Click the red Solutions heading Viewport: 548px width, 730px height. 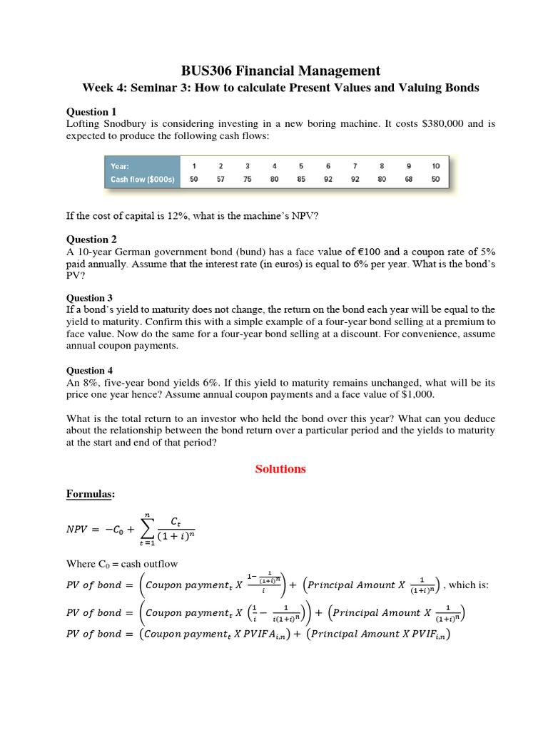(x=281, y=469)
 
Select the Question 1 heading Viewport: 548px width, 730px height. (x=91, y=112)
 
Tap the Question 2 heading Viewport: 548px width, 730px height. (x=91, y=240)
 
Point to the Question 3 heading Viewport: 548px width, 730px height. (x=90, y=298)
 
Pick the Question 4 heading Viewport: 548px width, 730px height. (x=90, y=371)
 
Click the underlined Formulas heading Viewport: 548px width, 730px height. (x=90, y=494)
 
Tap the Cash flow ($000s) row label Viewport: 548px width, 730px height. (x=142, y=180)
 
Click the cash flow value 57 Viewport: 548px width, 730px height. (x=220, y=180)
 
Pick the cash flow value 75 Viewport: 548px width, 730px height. (x=248, y=180)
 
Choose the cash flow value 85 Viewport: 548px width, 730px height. (x=301, y=180)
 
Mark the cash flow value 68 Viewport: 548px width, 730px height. (x=409, y=180)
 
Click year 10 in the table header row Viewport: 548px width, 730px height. (x=435, y=166)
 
